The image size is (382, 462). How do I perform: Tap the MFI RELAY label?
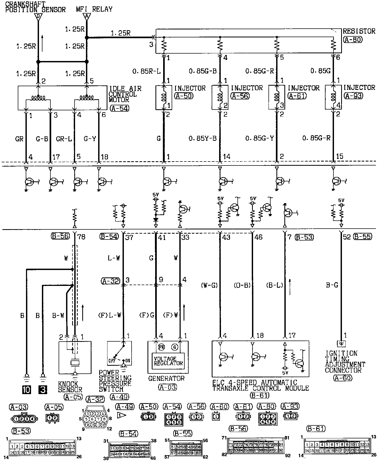[94, 9]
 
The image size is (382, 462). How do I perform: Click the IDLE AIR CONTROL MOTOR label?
[125, 94]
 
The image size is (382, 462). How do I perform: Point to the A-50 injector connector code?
[184, 96]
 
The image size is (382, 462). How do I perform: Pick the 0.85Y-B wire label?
[203, 138]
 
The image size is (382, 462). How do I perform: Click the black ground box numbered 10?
[27, 390]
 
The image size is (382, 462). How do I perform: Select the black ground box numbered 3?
[43, 390]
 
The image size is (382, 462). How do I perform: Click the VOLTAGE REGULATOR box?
[168, 361]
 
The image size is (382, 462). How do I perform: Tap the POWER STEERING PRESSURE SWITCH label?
[115, 381]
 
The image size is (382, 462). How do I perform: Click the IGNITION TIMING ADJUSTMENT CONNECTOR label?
[345, 362]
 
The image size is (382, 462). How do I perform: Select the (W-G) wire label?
[209, 285]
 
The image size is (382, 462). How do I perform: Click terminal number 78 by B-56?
[81, 237]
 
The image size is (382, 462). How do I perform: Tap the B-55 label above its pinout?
[183, 434]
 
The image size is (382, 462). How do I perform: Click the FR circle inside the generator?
[161, 347]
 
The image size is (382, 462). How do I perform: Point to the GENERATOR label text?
[166, 378]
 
